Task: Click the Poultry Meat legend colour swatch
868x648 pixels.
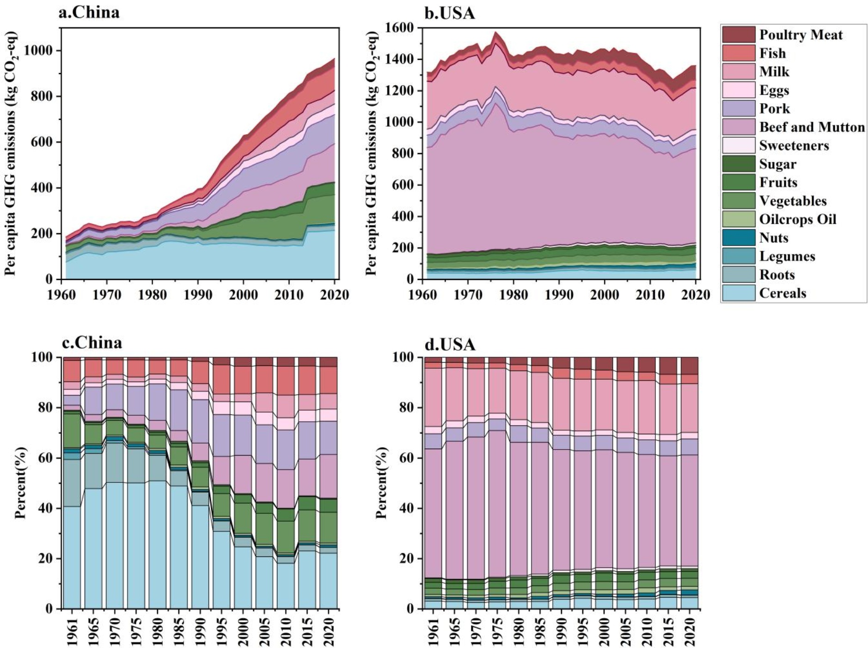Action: click(x=739, y=35)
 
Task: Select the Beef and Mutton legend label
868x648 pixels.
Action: click(x=812, y=127)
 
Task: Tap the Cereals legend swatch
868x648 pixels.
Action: click(x=739, y=293)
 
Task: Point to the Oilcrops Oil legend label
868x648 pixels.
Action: click(x=797, y=219)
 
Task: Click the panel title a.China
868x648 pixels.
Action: click(x=89, y=12)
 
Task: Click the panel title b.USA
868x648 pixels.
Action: click(x=450, y=13)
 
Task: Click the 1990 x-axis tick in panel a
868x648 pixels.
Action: click(x=198, y=295)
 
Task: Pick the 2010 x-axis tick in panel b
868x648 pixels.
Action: click(x=650, y=295)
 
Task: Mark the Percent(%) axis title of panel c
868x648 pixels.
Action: click(x=21, y=483)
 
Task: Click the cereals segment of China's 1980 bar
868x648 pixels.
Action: click(x=158, y=546)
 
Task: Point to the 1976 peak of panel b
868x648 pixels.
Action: click(x=496, y=32)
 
